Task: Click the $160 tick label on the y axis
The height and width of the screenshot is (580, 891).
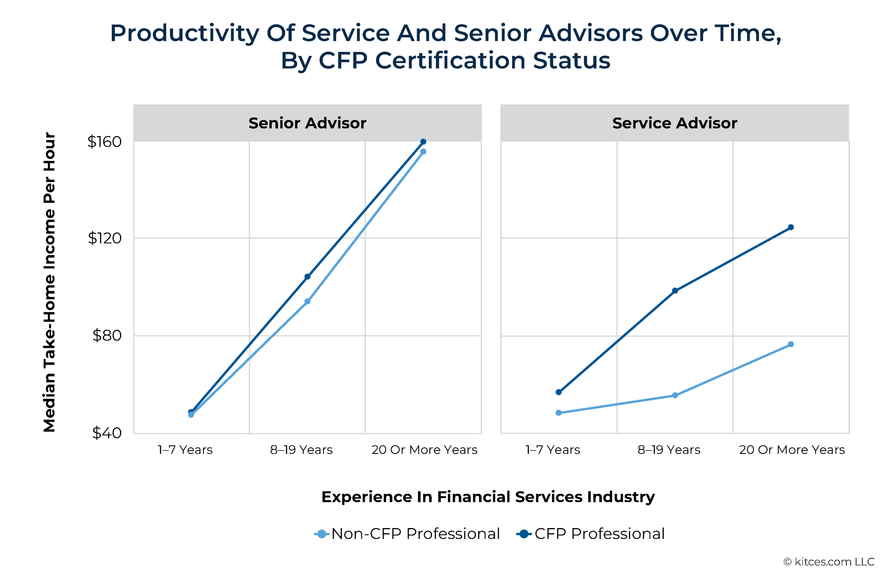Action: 104,142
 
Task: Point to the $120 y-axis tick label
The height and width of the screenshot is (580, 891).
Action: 104,238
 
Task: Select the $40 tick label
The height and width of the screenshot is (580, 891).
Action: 107,433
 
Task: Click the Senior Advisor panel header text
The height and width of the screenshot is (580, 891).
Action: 307,123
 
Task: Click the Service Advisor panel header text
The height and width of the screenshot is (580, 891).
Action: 674,123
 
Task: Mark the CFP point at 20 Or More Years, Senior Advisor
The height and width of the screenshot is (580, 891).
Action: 423,142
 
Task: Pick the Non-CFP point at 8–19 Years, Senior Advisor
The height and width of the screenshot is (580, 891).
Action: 307,301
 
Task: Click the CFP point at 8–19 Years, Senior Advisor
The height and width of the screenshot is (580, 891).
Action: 307,277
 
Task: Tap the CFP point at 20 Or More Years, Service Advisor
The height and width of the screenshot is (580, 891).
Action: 791,227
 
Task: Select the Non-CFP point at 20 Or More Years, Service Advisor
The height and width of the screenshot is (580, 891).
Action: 791,344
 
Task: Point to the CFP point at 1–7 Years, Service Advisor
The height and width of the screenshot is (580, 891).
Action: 558,392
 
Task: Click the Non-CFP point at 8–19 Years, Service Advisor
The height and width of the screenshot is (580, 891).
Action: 675,395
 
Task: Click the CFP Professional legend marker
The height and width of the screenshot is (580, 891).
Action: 524,534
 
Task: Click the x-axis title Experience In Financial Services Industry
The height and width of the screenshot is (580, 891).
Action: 488,496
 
